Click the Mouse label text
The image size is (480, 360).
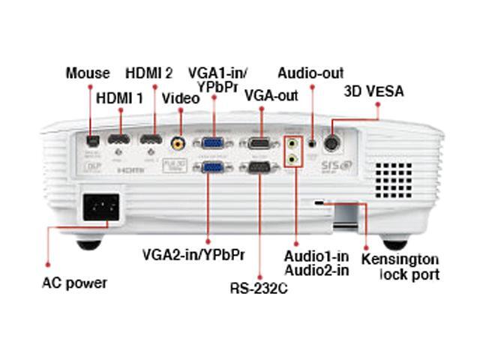click(x=88, y=73)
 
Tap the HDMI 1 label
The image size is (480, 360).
click(x=119, y=97)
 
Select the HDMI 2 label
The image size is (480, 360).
click(x=149, y=73)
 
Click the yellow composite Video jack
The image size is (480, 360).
click(x=178, y=141)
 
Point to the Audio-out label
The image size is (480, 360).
click(x=310, y=73)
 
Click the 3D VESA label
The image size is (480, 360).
click(x=373, y=91)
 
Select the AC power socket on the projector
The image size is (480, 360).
click(x=103, y=205)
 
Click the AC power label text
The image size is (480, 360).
click(x=74, y=283)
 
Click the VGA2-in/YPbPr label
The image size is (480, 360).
click(x=193, y=254)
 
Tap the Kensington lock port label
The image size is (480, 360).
click(x=400, y=266)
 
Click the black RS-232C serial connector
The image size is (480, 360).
click(x=259, y=169)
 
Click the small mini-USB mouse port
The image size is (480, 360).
click(x=91, y=139)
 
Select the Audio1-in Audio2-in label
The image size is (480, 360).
click(x=316, y=263)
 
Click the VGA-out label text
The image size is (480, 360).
click(x=271, y=95)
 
